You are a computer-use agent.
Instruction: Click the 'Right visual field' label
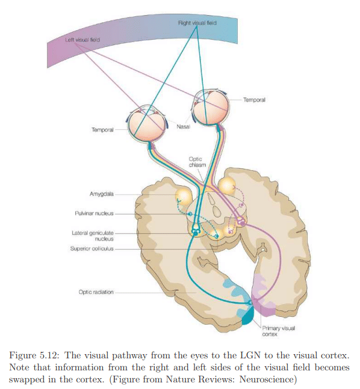[x=197, y=22]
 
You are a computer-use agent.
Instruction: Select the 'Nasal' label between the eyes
[x=184, y=127]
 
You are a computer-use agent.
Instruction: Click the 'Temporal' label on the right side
[x=254, y=100]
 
